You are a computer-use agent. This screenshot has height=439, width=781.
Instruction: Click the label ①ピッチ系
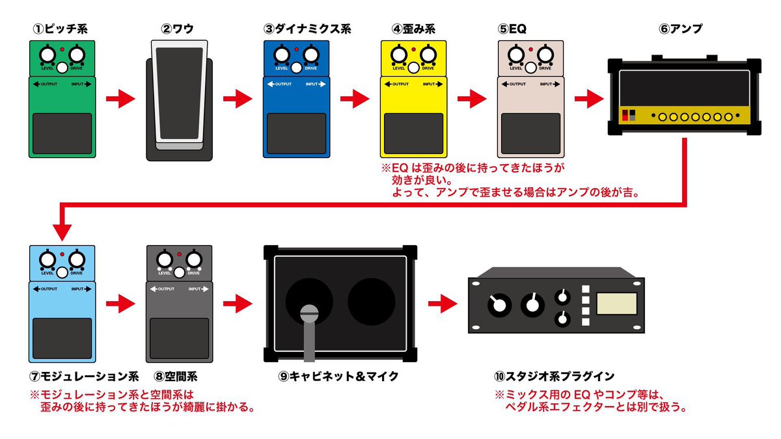coord(61,29)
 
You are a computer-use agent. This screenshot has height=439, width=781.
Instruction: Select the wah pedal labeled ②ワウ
coord(178,98)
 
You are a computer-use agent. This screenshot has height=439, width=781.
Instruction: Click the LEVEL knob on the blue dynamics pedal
coord(282,53)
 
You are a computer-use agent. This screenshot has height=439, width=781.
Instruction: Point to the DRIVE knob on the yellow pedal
coord(428,54)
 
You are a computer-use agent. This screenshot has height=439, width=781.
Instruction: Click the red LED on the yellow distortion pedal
coord(413,49)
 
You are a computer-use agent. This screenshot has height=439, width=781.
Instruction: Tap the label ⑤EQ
coord(512,29)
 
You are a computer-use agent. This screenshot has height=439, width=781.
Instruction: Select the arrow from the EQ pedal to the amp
coord(588,99)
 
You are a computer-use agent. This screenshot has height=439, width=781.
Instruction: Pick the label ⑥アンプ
coord(681,29)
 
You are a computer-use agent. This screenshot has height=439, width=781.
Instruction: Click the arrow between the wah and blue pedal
coord(237,99)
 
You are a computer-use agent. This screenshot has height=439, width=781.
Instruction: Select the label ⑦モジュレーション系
coord(85,376)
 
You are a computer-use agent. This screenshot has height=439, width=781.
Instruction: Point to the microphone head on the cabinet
coord(310,315)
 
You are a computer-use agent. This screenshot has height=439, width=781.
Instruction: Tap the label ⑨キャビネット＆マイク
coord(338,376)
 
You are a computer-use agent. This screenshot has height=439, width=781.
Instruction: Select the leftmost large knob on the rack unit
coord(498,303)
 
